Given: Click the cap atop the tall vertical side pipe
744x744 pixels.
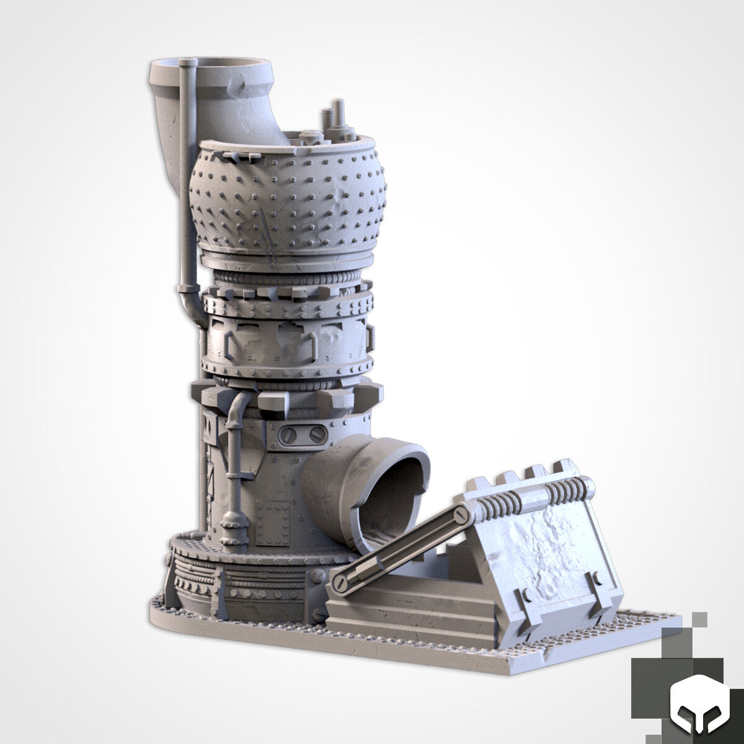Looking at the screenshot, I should (x=186, y=63).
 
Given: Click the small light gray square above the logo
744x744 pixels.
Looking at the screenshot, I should (x=699, y=620).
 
